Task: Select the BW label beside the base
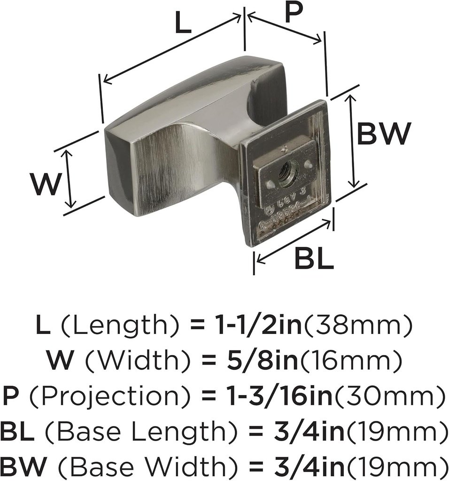pos(384,134)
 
